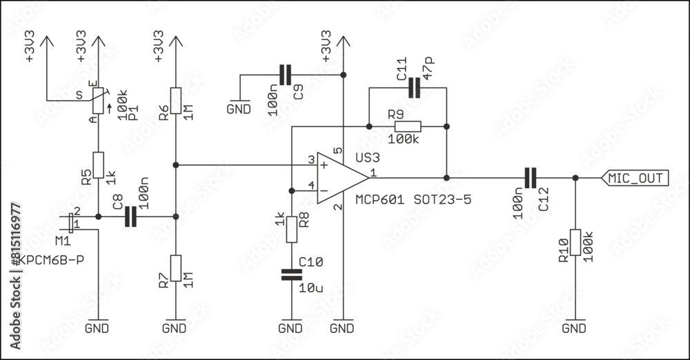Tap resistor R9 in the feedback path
(x=407, y=126)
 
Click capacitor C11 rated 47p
(x=413, y=88)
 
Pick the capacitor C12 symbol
(x=530, y=178)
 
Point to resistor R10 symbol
(x=575, y=244)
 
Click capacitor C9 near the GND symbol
(x=286, y=74)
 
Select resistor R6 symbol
(x=176, y=101)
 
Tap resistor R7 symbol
(x=176, y=268)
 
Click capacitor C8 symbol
(x=130, y=217)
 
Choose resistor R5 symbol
(x=98, y=166)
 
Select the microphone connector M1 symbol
(x=72, y=221)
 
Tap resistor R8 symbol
(x=291, y=230)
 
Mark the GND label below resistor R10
(x=575, y=328)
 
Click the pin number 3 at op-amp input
(x=311, y=160)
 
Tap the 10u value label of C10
(x=310, y=288)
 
